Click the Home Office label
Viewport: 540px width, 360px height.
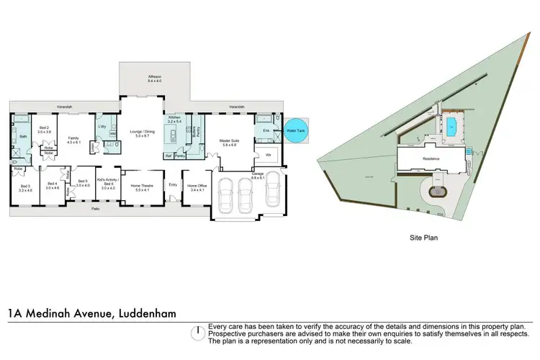point(197,187)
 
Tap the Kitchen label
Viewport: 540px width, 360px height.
point(174,119)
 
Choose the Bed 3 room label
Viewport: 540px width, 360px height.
point(25,188)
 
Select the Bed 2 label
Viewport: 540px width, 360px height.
point(44,130)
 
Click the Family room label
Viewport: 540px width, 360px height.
point(73,140)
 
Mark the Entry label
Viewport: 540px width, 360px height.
point(173,184)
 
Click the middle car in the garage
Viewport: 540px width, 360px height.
point(246,193)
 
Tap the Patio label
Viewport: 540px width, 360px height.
point(95,209)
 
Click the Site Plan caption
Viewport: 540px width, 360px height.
point(424,236)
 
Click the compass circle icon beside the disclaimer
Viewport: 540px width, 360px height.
point(196,333)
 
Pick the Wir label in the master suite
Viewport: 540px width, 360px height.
point(268,155)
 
